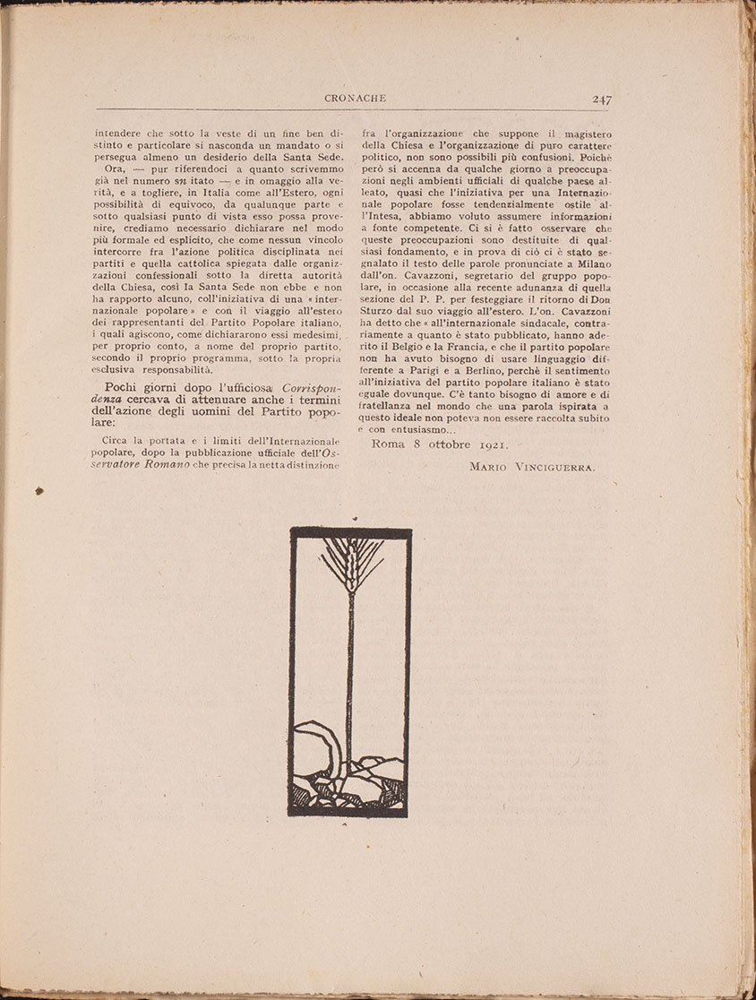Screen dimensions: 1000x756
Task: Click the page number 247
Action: click(602, 99)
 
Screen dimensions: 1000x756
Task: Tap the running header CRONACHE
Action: click(354, 99)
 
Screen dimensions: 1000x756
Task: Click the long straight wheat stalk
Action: click(350, 672)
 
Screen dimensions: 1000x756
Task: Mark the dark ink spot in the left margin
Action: click(39, 490)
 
